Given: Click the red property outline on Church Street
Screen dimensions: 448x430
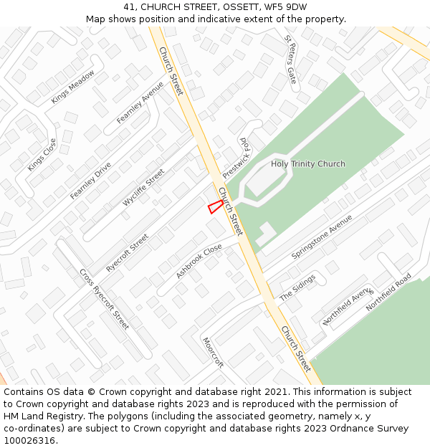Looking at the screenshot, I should [x=215, y=206].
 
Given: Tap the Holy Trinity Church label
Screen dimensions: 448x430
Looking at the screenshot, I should [x=307, y=164].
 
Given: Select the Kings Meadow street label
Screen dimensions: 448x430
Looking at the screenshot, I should [x=72, y=87].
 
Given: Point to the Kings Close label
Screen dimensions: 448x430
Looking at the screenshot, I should [x=42, y=155].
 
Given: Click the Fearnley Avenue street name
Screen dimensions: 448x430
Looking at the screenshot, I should [x=140, y=103].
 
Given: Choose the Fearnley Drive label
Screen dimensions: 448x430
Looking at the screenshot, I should [x=90, y=181].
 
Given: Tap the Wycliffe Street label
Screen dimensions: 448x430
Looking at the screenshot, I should [x=143, y=188].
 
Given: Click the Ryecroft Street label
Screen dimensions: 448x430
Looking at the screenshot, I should [x=127, y=252].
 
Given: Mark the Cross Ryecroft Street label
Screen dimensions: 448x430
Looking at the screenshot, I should [x=104, y=300].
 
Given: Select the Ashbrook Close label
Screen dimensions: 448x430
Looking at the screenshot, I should [x=199, y=262].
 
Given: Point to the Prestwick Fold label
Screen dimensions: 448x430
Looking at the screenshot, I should [x=234, y=158].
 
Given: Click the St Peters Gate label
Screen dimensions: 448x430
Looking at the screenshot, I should [x=290, y=59].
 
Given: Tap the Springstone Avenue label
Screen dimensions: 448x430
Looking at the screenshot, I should [x=322, y=237].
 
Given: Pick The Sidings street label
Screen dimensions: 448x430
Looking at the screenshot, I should [x=297, y=287].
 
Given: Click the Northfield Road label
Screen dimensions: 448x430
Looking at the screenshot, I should [x=388, y=292].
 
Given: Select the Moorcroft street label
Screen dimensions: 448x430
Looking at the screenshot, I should [x=213, y=352].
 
